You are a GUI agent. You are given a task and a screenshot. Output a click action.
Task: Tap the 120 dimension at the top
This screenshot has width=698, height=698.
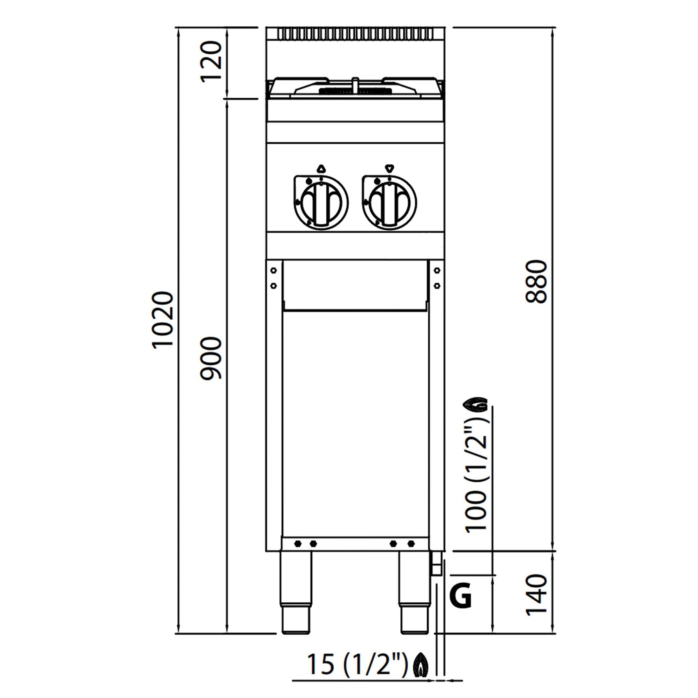[211, 62]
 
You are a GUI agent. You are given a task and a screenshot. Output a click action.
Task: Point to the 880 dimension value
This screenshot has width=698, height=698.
[537, 281]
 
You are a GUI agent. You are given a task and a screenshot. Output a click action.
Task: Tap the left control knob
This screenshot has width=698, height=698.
[320, 203]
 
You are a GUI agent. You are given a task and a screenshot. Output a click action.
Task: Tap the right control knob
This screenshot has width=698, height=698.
[389, 203]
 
